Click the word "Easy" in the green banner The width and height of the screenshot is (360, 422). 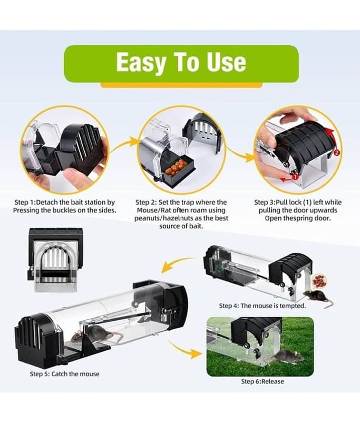pyautogui.click(x=141, y=63)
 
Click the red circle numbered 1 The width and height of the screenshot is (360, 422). pyautogui.click(x=295, y=177)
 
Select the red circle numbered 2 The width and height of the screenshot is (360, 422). pyautogui.click(x=336, y=152)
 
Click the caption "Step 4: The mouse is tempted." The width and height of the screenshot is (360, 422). pyautogui.click(x=262, y=306)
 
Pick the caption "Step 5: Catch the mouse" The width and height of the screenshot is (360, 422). pyautogui.click(x=64, y=374)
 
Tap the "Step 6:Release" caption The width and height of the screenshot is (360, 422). pyautogui.click(x=262, y=381)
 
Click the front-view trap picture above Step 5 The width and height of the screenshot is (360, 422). pyautogui.click(x=55, y=260)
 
